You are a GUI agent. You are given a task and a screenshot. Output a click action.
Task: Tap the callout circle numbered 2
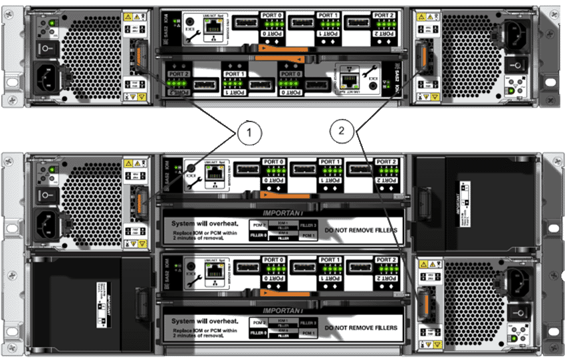point(341,131)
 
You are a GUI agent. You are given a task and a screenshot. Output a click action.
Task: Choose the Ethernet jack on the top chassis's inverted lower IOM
point(348,80)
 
